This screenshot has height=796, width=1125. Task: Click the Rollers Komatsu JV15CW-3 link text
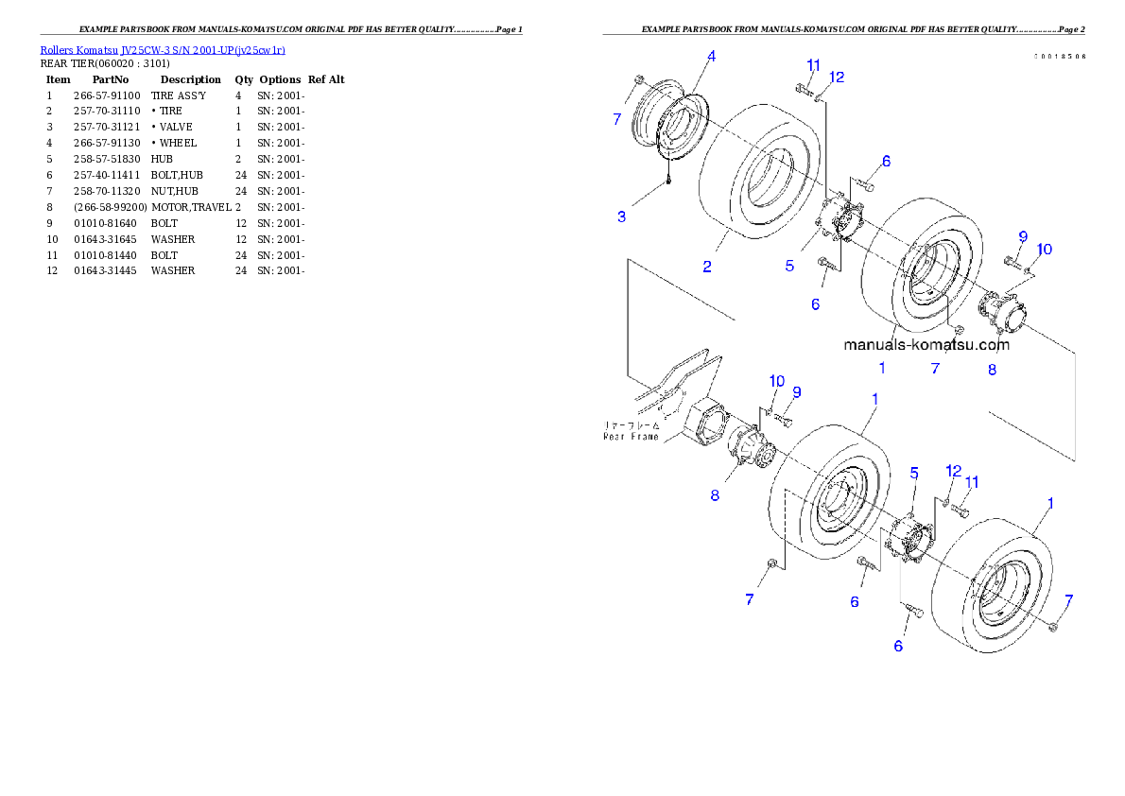point(163,49)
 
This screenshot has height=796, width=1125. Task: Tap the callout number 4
point(711,57)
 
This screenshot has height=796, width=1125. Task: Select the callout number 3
point(621,216)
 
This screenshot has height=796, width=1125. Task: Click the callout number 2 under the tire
point(707,268)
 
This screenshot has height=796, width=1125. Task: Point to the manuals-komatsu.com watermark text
point(926,345)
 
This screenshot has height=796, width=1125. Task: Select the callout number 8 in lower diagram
point(715,494)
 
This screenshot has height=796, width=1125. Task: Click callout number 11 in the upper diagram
point(813,65)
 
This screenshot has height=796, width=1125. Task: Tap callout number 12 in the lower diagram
point(953,470)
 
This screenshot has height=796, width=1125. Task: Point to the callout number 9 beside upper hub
point(1022,236)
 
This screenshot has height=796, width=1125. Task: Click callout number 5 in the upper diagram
point(789,267)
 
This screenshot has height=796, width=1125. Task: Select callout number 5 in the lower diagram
point(914,472)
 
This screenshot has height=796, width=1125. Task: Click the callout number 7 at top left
point(617,119)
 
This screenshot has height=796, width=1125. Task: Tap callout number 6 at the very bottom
point(898,646)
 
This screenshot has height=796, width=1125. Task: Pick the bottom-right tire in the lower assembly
point(993,577)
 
